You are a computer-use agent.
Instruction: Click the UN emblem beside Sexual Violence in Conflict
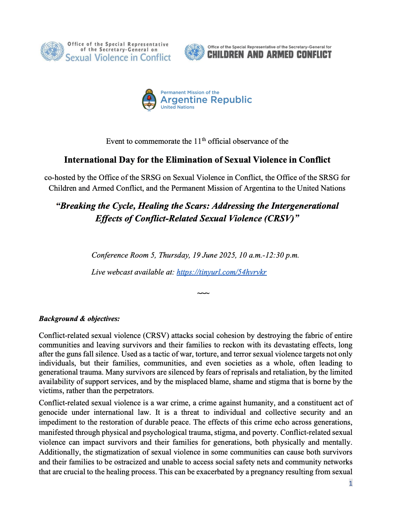[x=52, y=51]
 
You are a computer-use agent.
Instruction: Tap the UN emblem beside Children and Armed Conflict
[x=195, y=52]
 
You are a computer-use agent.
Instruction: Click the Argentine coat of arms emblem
[x=149, y=100]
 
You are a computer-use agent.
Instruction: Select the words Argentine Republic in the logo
[x=206, y=100]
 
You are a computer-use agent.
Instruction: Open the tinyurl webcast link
[x=222, y=272]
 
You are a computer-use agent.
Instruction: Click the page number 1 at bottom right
[x=350, y=483]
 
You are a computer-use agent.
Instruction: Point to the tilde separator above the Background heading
[x=203, y=293]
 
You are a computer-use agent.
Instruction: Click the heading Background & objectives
[x=79, y=319]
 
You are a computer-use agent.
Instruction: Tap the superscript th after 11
[x=204, y=139]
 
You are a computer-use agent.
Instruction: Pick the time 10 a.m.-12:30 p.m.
[x=269, y=255]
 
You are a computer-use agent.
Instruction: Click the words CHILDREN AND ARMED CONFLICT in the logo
[x=269, y=55]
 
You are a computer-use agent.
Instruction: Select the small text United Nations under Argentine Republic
[x=177, y=107]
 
